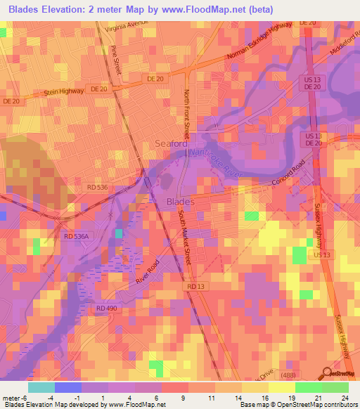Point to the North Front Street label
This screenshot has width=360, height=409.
pos(186,113)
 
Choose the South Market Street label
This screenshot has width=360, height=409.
pos(186,238)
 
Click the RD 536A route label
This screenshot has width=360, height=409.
pos(77,238)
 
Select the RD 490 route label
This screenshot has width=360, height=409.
pos(106,309)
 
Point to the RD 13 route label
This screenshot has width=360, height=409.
pos(196,287)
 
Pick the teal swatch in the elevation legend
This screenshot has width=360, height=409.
pos(41,387)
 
